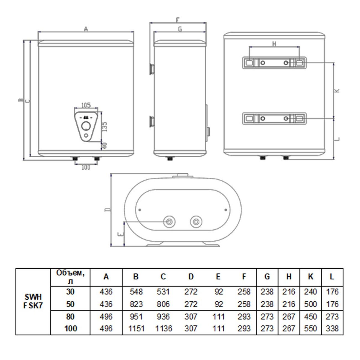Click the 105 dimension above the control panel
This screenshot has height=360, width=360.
pyautogui.click(x=86, y=105)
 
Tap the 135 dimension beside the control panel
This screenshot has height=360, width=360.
pyautogui.click(x=105, y=127)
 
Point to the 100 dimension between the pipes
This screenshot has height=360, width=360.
pyautogui.click(x=86, y=167)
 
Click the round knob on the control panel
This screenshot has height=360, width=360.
pyautogui.click(x=86, y=126)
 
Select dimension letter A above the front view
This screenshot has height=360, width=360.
pyautogui.click(x=86, y=29)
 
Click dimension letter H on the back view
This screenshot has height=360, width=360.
pyautogui.click(x=274, y=44)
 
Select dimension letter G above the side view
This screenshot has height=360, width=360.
pyautogui.click(x=180, y=29)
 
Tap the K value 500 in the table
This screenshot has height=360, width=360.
pyautogui.click(x=310, y=304)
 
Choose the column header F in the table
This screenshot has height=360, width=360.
pyautogui.click(x=244, y=276)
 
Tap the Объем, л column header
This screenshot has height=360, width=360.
pyautogui.click(x=70, y=277)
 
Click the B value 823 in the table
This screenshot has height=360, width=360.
pyautogui.click(x=136, y=304)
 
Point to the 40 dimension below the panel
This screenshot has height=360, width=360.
pyautogui.click(x=105, y=146)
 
